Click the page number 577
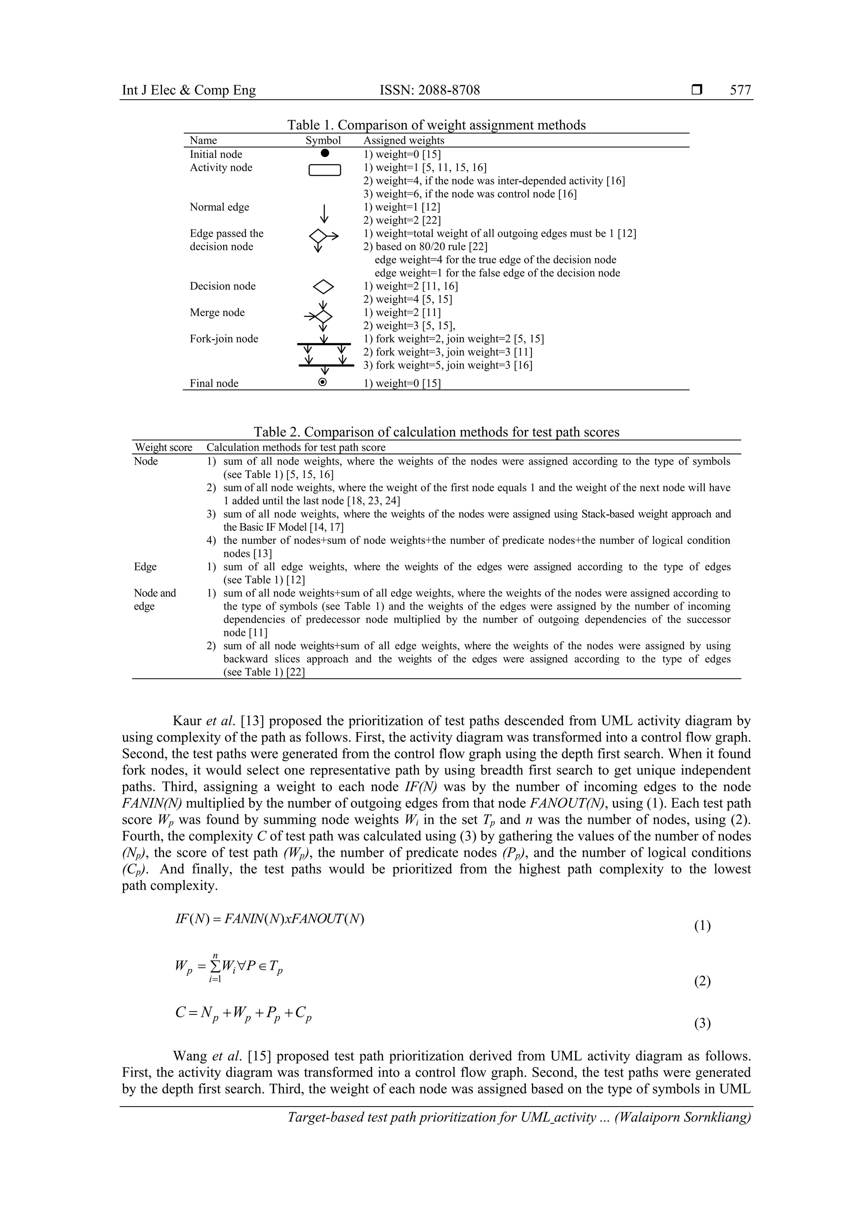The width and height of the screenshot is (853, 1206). [740, 90]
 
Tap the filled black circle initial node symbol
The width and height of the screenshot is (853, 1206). [324, 153]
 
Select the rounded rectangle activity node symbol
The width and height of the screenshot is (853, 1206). [324, 170]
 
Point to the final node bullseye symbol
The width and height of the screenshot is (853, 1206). [323, 382]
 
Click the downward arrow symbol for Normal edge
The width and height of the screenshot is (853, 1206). [324, 213]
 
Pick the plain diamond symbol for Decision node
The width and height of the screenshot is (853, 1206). [323, 286]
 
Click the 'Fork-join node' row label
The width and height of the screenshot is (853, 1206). [224, 339]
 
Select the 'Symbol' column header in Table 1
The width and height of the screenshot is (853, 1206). [323, 140]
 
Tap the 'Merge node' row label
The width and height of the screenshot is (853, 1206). [217, 312]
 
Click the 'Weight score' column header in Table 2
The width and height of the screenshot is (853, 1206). [163, 448]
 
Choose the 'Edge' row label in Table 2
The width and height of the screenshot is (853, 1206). [145, 567]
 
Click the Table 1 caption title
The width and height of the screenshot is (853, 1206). [436, 125]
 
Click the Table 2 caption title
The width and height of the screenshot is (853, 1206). [436, 432]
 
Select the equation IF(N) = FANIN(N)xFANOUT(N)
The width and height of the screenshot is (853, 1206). [269, 919]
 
